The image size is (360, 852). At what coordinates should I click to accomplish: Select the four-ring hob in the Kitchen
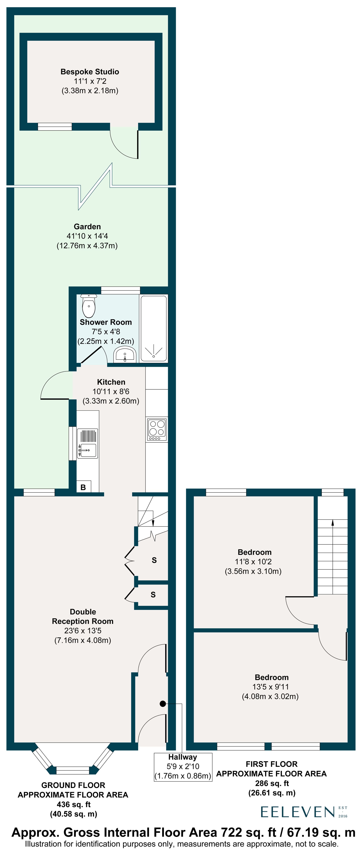[157, 429]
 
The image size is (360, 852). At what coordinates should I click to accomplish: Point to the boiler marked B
[83, 487]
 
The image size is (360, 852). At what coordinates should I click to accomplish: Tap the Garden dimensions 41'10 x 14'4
[87, 236]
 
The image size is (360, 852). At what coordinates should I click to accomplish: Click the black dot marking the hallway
[163, 704]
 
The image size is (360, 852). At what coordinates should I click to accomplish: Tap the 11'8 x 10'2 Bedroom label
[253, 562]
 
